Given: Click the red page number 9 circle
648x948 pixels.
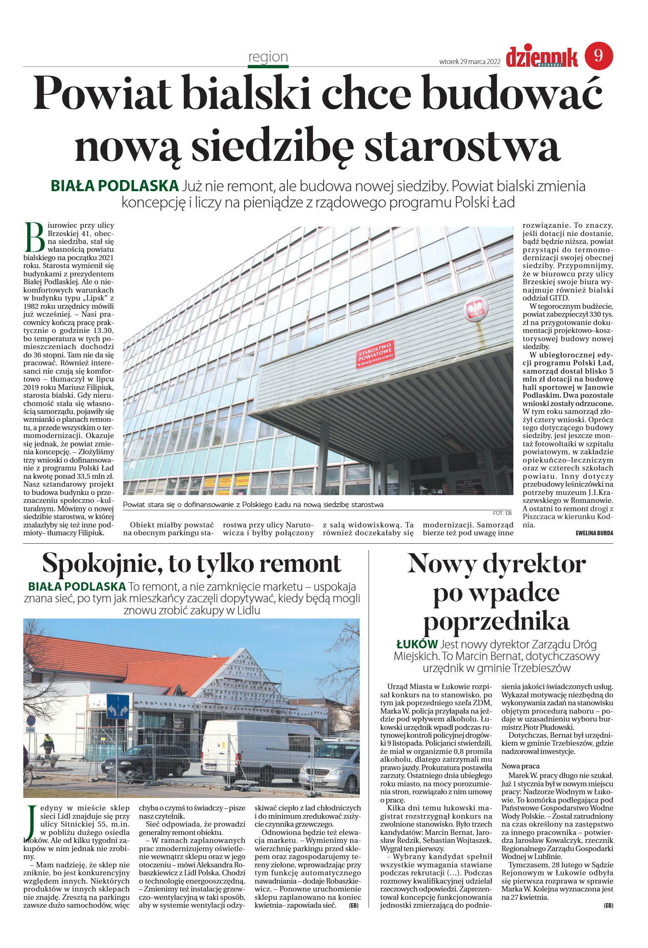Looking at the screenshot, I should click(x=599, y=56).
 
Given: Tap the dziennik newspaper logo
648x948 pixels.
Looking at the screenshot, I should click(x=542, y=57).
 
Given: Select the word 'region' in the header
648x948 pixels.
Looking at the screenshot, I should click(x=268, y=57).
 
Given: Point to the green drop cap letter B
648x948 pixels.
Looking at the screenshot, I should click(x=35, y=237).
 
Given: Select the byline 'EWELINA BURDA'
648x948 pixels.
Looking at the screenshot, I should click(x=594, y=533).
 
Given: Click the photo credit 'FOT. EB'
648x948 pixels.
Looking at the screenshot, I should click(x=502, y=513).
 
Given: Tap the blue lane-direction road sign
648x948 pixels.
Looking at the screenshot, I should click(x=118, y=707).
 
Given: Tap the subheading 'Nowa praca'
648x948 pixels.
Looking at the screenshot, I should click(x=520, y=766).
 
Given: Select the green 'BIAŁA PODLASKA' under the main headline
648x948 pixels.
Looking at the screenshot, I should click(x=114, y=186).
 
